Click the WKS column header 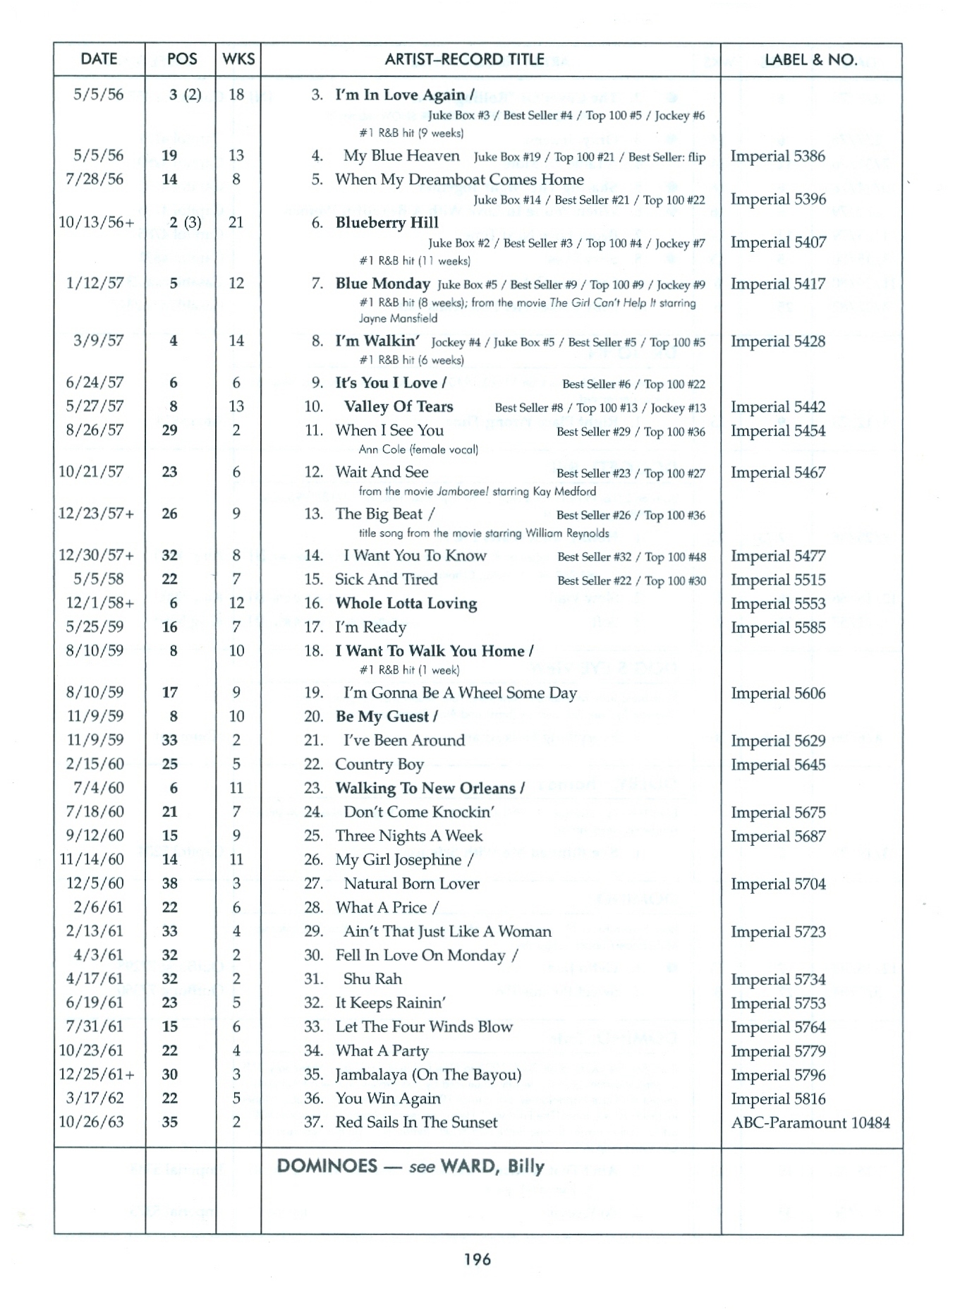click(x=238, y=59)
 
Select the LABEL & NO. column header click(x=811, y=60)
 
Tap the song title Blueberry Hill click(x=387, y=223)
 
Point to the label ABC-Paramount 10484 click(x=810, y=1122)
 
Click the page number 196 click(x=478, y=1259)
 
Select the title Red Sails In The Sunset click(x=416, y=1122)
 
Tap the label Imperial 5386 click(x=777, y=156)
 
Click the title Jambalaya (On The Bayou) click(x=428, y=1074)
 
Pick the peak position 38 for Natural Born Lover click(x=169, y=883)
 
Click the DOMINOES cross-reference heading click(x=410, y=1166)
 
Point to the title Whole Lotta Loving click(x=406, y=603)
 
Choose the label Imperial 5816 click(x=777, y=1098)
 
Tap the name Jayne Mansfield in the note click(x=398, y=318)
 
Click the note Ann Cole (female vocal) click(x=418, y=449)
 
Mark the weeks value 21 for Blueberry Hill click(x=236, y=222)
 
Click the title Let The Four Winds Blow click(x=424, y=1026)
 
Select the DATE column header click(x=99, y=59)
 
